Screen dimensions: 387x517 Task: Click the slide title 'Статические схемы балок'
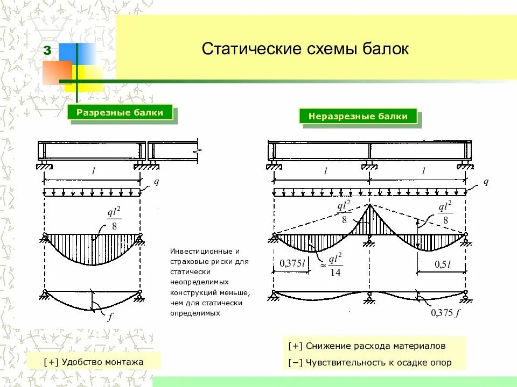[x=305, y=49]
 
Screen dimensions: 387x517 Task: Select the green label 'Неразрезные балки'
[x=358, y=116]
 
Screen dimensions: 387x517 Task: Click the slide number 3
[x=47, y=51]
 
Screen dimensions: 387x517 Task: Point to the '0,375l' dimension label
[x=292, y=264]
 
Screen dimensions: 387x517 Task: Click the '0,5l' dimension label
[x=442, y=264]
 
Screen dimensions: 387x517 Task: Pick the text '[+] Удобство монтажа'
[x=94, y=362]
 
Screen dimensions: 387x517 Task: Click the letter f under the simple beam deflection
[x=110, y=318]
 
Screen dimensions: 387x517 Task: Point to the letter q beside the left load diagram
[x=156, y=182]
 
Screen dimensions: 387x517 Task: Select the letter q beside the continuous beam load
[x=485, y=182]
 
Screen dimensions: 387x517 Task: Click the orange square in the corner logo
[x=56, y=73]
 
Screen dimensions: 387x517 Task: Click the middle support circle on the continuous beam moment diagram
[x=369, y=235]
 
